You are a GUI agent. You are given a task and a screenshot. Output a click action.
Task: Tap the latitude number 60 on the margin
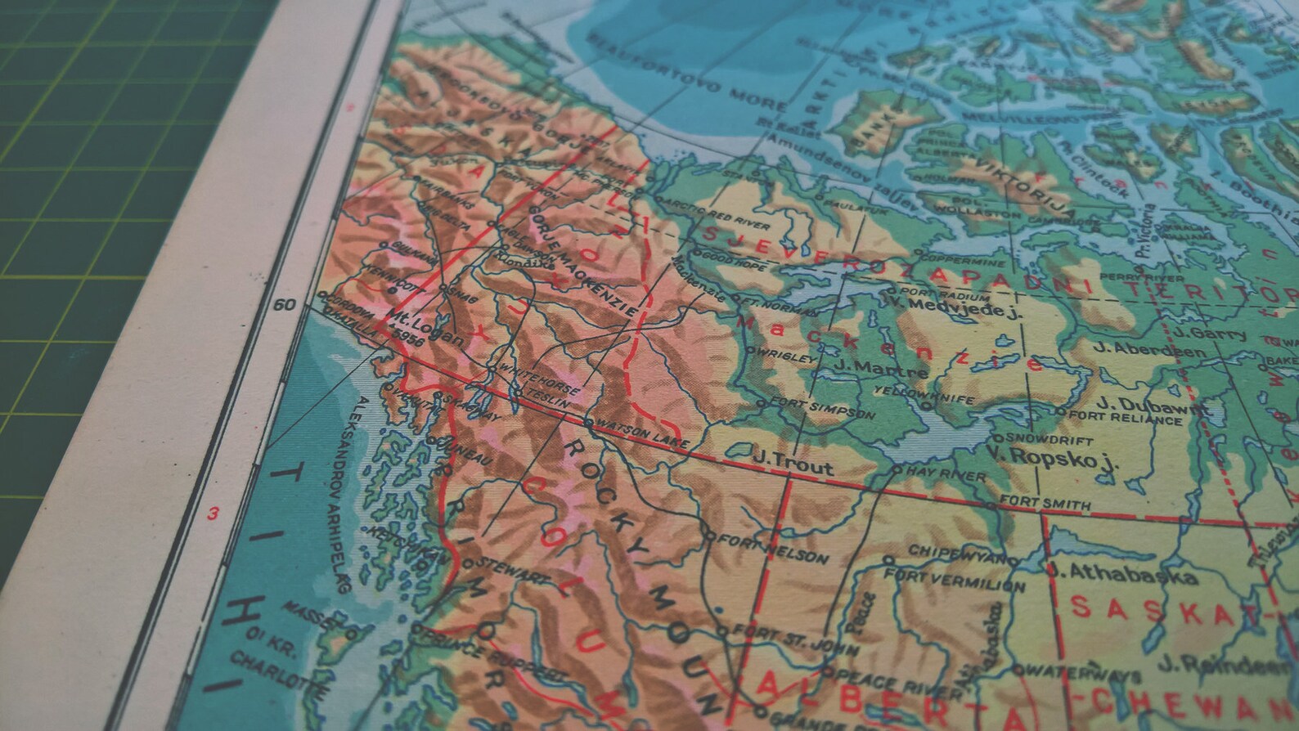click(x=284, y=306)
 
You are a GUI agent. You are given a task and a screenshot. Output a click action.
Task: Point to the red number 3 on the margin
click(x=213, y=514)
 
